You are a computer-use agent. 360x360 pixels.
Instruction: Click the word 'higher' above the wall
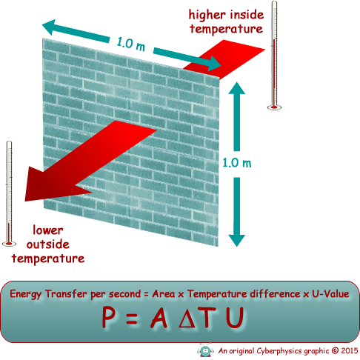[x=207, y=16]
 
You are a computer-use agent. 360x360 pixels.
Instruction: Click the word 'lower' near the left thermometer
[x=48, y=230]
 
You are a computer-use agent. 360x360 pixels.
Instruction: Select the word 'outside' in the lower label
[x=48, y=244]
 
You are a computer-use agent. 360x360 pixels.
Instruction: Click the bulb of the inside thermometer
[x=274, y=107]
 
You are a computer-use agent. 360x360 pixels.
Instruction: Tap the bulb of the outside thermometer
[x=9, y=244]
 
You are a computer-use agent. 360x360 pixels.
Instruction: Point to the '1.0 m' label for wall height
[x=237, y=163]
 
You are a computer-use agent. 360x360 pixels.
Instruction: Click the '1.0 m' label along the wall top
[x=131, y=44]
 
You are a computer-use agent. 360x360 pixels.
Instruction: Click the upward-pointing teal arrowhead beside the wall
[x=236, y=88]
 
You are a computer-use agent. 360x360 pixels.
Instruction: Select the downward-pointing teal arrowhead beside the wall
[x=236, y=240]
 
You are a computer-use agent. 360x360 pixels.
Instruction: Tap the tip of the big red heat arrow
[x=25, y=201]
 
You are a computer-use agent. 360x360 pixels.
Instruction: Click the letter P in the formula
[x=109, y=317]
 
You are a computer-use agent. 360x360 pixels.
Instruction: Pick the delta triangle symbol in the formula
[x=188, y=318]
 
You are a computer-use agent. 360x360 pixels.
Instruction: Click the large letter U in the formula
[x=235, y=317]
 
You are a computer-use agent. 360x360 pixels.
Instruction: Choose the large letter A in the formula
[x=159, y=317]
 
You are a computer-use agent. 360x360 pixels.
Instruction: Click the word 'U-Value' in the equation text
[x=330, y=294]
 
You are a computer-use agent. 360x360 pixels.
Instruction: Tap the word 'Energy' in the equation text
[x=25, y=295]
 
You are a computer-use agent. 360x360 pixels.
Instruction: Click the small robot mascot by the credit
[x=205, y=350]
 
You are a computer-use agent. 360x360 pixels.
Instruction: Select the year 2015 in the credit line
[x=350, y=350]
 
